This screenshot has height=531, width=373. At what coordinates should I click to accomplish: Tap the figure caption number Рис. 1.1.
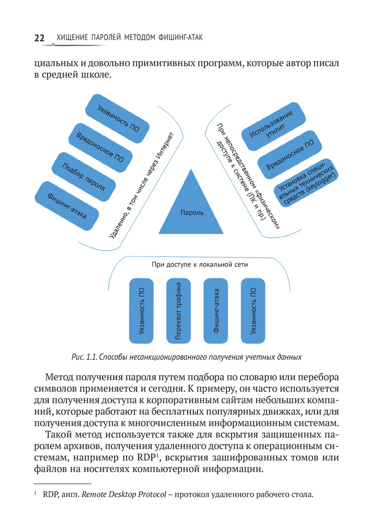(x=84, y=357)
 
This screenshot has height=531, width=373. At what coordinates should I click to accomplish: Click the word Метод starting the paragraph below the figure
(x=62, y=376)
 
